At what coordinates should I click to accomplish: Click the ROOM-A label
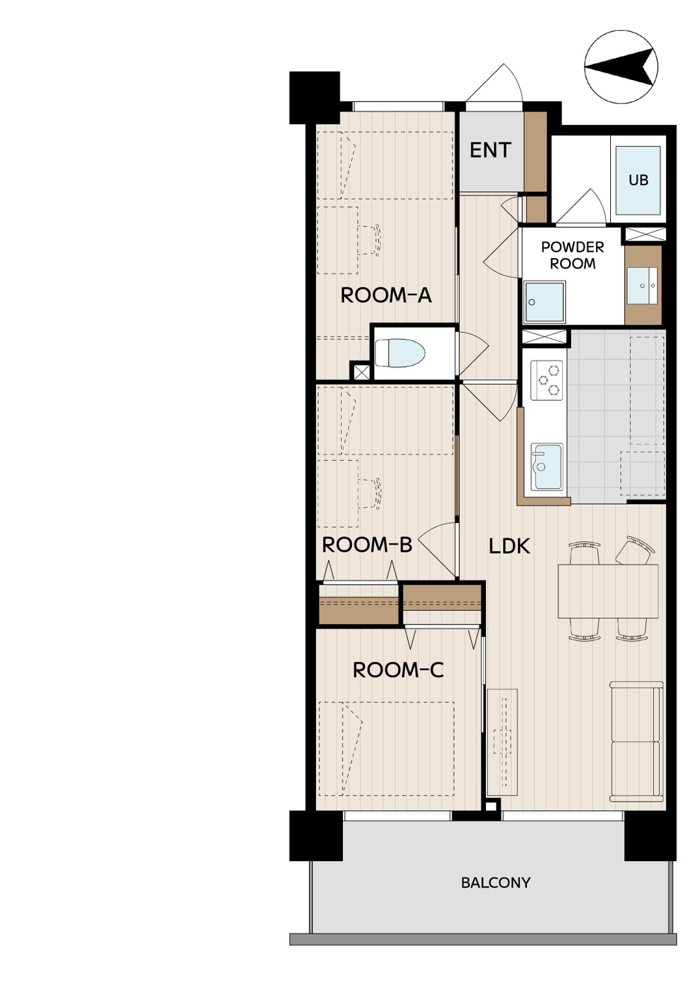386,295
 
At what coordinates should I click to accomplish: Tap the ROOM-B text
367,545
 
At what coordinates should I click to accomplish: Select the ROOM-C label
397,670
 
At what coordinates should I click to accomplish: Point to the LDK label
509,546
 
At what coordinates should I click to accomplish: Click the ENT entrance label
491,150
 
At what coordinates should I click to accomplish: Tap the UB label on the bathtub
638,180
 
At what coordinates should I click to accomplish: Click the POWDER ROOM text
572,255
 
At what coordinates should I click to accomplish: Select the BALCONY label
495,883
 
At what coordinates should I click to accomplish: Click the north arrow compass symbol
621,67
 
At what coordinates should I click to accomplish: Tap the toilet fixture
399,353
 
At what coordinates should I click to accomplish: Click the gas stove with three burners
546,380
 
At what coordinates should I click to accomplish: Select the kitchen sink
547,467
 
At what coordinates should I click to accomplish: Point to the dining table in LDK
608,591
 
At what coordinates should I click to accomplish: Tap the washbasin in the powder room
642,286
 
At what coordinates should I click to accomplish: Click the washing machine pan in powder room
545,302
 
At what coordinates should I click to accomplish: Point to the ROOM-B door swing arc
433,544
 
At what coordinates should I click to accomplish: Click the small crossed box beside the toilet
362,371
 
